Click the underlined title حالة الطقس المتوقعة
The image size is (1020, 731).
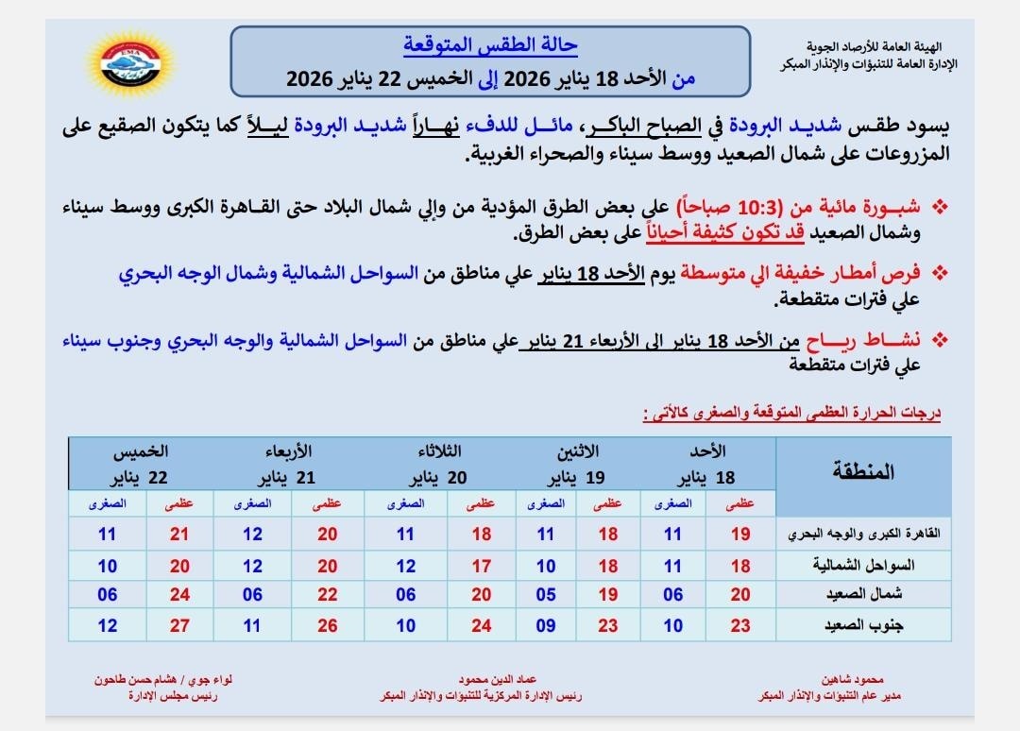coord(490,44)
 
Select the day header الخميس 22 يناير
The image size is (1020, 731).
coord(142,464)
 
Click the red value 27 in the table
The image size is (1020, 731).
coord(179,626)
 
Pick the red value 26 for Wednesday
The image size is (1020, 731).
coord(327,626)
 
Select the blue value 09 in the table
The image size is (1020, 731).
coord(546,626)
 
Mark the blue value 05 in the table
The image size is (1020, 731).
coord(546,595)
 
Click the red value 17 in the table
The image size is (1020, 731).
coord(482,566)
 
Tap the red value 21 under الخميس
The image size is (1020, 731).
coord(179,535)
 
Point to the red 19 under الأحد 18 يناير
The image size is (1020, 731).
coord(740,535)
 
